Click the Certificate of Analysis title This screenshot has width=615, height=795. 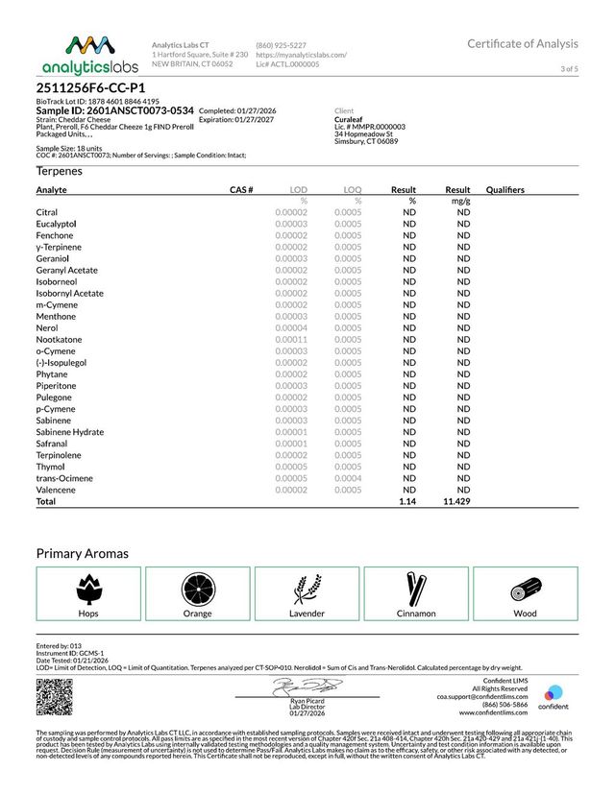pos(523,43)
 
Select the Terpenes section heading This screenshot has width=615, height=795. pos(60,171)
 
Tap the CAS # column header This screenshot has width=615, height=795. pos(241,190)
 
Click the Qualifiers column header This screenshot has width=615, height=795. pos(505,190)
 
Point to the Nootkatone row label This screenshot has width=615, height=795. pos(59,339)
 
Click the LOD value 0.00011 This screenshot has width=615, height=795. pos(291,339)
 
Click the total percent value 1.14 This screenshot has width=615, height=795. pos(407,501)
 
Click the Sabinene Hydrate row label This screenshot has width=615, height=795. pos(70,432)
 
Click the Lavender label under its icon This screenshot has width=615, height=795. pos(307,613)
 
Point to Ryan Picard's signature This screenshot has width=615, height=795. pos(307,687)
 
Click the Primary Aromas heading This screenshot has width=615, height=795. pos(82,553)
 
